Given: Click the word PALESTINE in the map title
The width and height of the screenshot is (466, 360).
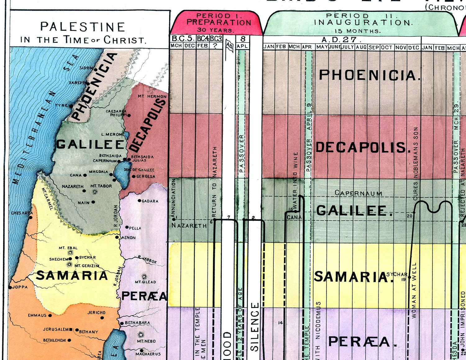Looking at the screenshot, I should [x=83, y=27].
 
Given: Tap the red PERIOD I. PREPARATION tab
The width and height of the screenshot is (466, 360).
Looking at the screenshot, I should [x=218, y=23].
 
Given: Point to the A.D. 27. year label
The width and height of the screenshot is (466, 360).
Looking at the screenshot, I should [x=341, y=40].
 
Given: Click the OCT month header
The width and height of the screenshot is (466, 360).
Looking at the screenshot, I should [x=387, y=47].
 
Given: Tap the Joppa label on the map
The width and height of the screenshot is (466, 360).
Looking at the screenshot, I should [x=20, y=287].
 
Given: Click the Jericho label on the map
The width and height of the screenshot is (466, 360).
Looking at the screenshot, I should [x=96, y=312].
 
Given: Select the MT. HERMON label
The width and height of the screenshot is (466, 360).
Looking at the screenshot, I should [x=152, y=97].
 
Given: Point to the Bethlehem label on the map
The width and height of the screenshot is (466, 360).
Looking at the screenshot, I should [x=54, y=340].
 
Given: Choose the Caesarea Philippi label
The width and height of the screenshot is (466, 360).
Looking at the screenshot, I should [x=116, y=113].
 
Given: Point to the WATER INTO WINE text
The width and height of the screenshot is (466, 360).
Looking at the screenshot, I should [x=295, y=180].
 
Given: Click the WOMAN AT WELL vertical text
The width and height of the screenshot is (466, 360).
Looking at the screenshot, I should [x=414, y=290].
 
